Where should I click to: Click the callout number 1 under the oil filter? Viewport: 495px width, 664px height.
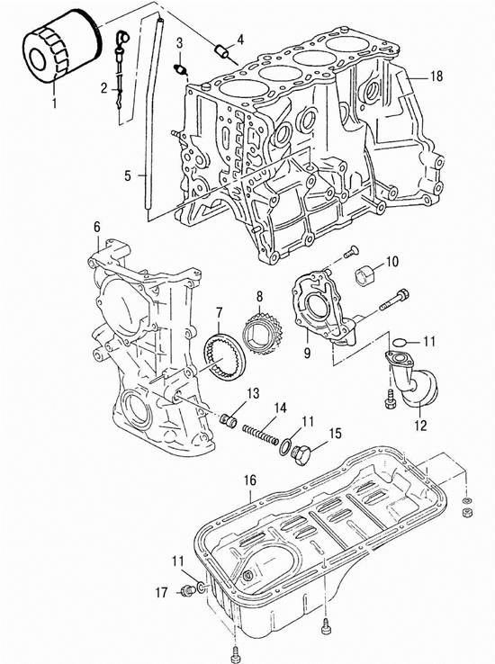(54, 103)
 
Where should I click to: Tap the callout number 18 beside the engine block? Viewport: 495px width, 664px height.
(436, 76)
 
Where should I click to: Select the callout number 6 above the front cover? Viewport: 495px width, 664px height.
(97, 227)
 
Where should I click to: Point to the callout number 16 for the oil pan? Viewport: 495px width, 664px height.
(250, 480)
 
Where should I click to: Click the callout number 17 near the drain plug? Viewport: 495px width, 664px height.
(161, 592)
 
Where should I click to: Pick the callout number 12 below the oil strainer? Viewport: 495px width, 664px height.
(420, 425)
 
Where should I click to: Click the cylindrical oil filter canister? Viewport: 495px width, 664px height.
(61, 47)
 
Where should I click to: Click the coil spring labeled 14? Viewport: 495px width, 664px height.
(260, 435)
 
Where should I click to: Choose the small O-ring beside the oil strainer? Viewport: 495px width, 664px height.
(400, 341)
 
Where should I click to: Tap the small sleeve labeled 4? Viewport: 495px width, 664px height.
(222, 51)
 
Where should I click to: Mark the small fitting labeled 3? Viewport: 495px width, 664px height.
(181, 69)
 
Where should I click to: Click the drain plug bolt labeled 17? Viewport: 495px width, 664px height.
(186, 590)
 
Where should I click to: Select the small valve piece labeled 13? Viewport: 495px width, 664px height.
(229, 420)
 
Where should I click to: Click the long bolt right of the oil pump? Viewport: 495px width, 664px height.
(394, 300)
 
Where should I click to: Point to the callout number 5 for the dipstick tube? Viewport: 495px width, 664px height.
(128, 175)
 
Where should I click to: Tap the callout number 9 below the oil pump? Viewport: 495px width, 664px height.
(307, 352)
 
